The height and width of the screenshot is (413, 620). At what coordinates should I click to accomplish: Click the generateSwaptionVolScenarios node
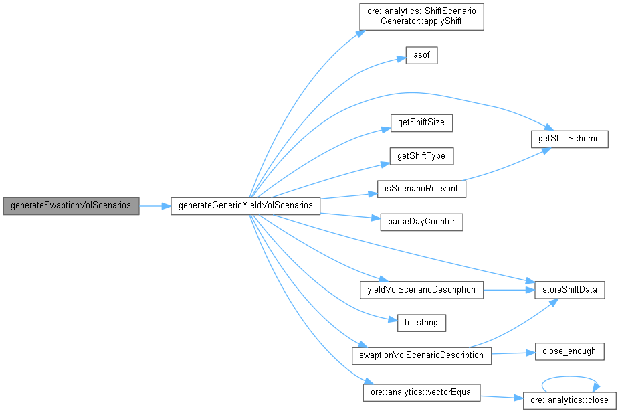pyautogui.click(x=71, y=206)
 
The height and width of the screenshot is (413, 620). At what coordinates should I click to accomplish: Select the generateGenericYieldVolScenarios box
pyautogui.click(x=245, y=206)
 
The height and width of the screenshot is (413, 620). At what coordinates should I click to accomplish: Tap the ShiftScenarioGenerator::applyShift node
pyautogui.click(x=421, y=16)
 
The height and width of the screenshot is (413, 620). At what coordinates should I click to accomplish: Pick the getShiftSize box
pyautogui.click(x=421, y=123)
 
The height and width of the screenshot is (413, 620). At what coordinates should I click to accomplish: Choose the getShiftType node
pyautogui.click(x=421, y=156)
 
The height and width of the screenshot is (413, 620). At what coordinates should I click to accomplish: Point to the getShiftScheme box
pyautogui.click(x=569, y=139)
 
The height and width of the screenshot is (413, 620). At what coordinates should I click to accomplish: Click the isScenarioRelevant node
pyautogui.click(x=421, y=189)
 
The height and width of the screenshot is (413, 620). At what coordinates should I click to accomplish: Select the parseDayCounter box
pyautogui.click(x=421, y=222)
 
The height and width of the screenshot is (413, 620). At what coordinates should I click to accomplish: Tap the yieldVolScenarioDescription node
pyautogui.click(x=421, y=290)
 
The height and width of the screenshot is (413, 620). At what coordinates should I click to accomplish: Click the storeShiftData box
pyautogui.click(x=570, y=290)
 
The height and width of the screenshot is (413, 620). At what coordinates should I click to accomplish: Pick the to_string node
pyautogui.click(x=421, y=323)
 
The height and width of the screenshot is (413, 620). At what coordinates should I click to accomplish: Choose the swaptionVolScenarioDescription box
pyautogui.click(x=421, y=355)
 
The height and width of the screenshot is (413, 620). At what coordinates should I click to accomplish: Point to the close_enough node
pyautogui.click(x=570, y=351)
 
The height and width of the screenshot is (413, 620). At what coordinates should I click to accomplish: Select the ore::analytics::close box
pyautogui.click(x=570, y=400)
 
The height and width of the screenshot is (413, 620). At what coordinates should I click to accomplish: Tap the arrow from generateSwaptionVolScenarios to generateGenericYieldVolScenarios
pyautogui.click(x=155, y=206)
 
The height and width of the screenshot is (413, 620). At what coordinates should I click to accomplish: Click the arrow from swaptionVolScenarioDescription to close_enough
pyautogui.click(x=513, y=353)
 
